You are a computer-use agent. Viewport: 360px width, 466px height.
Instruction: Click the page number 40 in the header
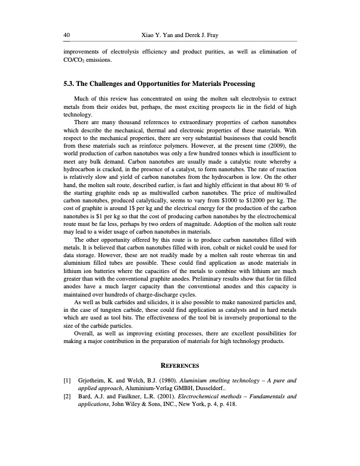66,35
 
